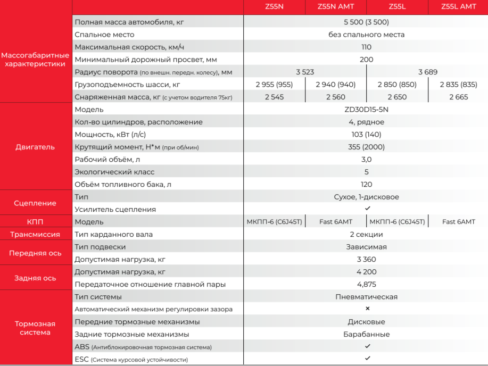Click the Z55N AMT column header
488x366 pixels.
(335, 7)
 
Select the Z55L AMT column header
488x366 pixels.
(458, 7)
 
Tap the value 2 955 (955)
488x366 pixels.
(274, 85)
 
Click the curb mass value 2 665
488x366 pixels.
(458, 97)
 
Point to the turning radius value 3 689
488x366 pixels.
(427, 72)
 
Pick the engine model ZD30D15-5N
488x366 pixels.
(366, 110)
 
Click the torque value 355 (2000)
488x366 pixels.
(366, 147)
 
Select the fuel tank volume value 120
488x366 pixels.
(366, 184)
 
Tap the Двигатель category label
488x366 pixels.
(35, 147)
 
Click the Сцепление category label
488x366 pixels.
(35, 203)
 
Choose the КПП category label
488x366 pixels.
(35, 222)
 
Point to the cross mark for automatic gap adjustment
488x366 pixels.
(367, 309)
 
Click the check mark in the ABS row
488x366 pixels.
(367, 346)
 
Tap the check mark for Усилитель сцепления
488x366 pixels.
(367, 209)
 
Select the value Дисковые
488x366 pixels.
(366, 322)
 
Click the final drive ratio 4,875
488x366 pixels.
(366, 284)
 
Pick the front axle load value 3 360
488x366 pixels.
(366, 260)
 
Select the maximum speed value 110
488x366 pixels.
(366, 47)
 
